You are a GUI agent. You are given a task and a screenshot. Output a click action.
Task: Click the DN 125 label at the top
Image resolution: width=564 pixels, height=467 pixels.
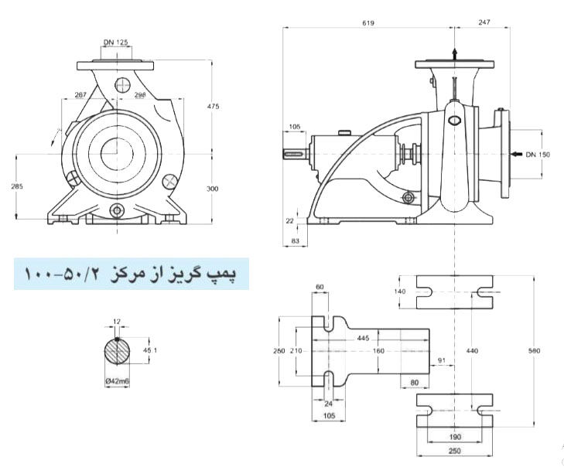pyautogui.click(x=115, y=43)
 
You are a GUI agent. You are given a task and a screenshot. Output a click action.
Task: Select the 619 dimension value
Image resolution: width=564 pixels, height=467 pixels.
pyautogui.click(x=367, y=23)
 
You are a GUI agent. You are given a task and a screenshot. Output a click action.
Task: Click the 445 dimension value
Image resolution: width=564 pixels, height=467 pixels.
pyautogui.click(x=363, y=338)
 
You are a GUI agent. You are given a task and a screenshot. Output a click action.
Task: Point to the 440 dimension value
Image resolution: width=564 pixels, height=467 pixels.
pyautogui.click(x=472, y=350)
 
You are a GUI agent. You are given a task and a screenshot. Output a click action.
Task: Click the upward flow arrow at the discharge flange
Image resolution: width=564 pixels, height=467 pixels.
pyautogui.click(x=454, y=52)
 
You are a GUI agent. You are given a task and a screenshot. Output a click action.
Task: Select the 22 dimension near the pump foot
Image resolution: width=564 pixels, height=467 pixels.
pyautogui.click(x=289, y=220)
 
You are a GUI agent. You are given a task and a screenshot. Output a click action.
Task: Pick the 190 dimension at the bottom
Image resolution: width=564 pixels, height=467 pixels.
pyautogui.click(x=454, y=436)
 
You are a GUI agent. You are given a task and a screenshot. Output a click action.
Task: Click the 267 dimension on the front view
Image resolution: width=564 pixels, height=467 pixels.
pyautogui.click(x=80, y=95)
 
